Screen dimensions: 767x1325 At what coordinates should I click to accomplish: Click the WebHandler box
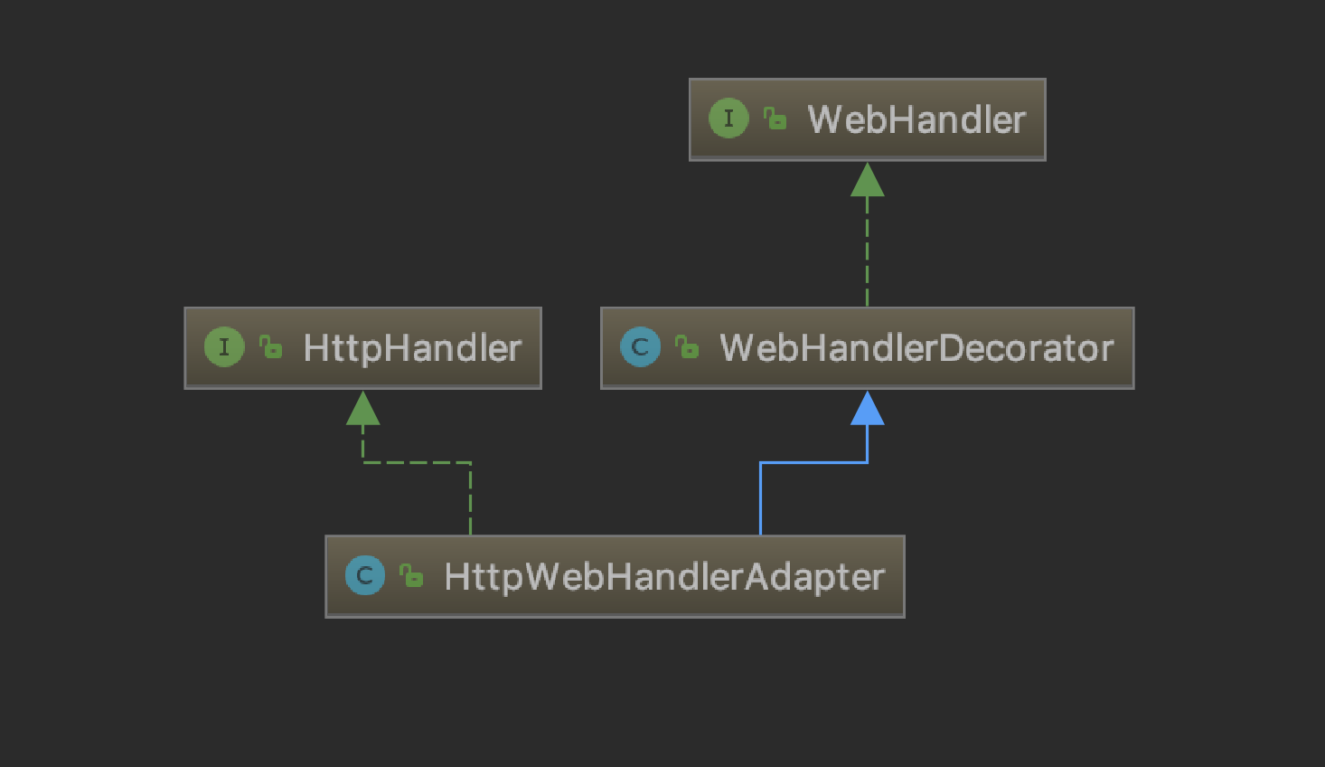point(867,119)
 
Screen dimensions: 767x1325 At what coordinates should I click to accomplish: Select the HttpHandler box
point(362,348)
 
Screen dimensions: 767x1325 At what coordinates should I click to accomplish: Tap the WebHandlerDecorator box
point(867,348)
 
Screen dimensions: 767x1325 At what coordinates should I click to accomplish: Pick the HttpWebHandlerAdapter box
point(615,576)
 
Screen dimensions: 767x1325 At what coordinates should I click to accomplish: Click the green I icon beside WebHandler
point(728,118)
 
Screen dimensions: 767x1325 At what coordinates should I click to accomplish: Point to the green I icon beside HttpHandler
point(224,347)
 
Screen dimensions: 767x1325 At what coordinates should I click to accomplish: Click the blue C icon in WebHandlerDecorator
point(640,347)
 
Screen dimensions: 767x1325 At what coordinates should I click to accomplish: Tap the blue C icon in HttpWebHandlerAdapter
point(365,575)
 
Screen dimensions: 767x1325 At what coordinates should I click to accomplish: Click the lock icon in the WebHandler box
point(775,118)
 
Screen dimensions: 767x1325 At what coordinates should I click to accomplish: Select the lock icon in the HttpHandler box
point(271,347)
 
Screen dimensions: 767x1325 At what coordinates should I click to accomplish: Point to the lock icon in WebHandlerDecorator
point(687,347)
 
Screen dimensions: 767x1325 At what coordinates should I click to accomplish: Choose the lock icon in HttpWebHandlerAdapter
point(412,575)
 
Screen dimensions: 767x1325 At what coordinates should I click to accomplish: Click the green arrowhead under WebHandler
point(867,180)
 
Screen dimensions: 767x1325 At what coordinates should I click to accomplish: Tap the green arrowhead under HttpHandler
point(362,409)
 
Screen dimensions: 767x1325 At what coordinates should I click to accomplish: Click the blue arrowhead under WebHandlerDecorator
point(867,409)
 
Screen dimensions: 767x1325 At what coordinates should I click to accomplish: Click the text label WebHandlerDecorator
point(916,348)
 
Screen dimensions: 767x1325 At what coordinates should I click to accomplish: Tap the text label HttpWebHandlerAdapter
point(664,577)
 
